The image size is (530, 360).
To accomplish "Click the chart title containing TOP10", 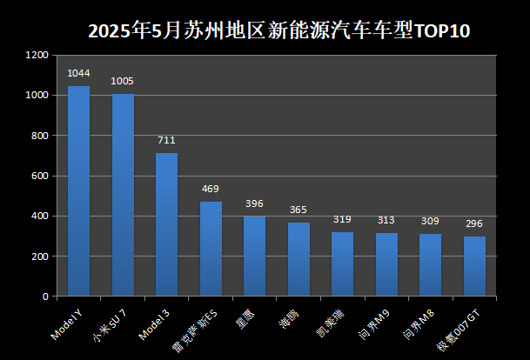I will [x=278, y=32].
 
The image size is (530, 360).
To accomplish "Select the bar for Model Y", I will [x=78, y=191].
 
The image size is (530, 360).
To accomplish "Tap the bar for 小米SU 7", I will [x=123, y=195].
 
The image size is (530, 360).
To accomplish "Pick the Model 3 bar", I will [x=166, y=224].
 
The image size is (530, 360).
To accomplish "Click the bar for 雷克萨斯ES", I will [x=211, y=249].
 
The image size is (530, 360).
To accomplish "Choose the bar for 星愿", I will [x=254, y=257].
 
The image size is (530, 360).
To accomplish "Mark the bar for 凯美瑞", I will [x=342, y=264].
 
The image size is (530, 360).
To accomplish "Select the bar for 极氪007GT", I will [x=474, y=266].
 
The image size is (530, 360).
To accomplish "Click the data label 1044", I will [x=78, y=73].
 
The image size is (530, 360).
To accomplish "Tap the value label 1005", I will [x=123, y=81].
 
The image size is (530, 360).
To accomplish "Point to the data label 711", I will [x=166, y=140].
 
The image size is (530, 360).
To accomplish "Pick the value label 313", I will [x=386, y=220].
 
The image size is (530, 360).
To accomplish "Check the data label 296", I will [x=474, y=223].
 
